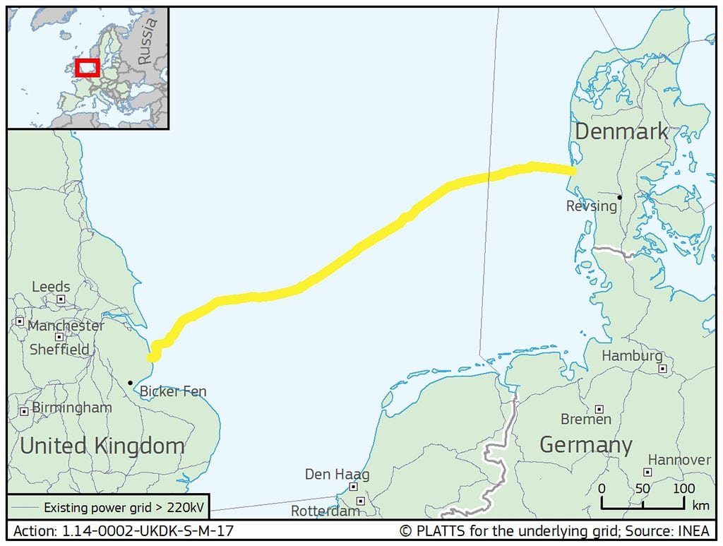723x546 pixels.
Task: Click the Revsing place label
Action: (591, 206)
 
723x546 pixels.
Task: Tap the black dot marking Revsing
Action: (619, 197)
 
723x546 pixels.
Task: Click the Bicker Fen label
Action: (173, 391)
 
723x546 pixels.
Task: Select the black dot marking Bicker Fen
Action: (130, 383)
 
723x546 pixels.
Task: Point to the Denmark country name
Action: (621, 131)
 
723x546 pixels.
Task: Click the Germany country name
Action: (585, 445)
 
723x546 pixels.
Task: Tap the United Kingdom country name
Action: (102, 446)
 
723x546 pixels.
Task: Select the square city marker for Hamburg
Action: (662, 369)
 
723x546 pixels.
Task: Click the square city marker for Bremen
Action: (599, 409)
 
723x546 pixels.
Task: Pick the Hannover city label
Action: (679, 460)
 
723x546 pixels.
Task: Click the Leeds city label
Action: (51, 287)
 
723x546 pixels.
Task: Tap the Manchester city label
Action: (66, 326)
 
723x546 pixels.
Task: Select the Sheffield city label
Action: (59, 349)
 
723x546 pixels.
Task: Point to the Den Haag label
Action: (337, 474)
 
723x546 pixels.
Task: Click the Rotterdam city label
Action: (325, 511)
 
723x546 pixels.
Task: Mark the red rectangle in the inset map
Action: (86, 68)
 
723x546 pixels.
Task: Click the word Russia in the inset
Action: (148, 43)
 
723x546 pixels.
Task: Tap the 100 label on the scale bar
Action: (683, 489)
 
